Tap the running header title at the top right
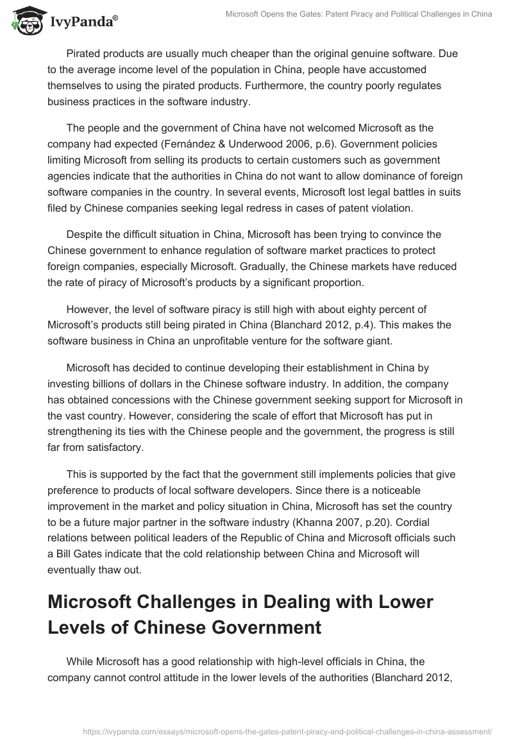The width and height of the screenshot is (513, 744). coord(360,14)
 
